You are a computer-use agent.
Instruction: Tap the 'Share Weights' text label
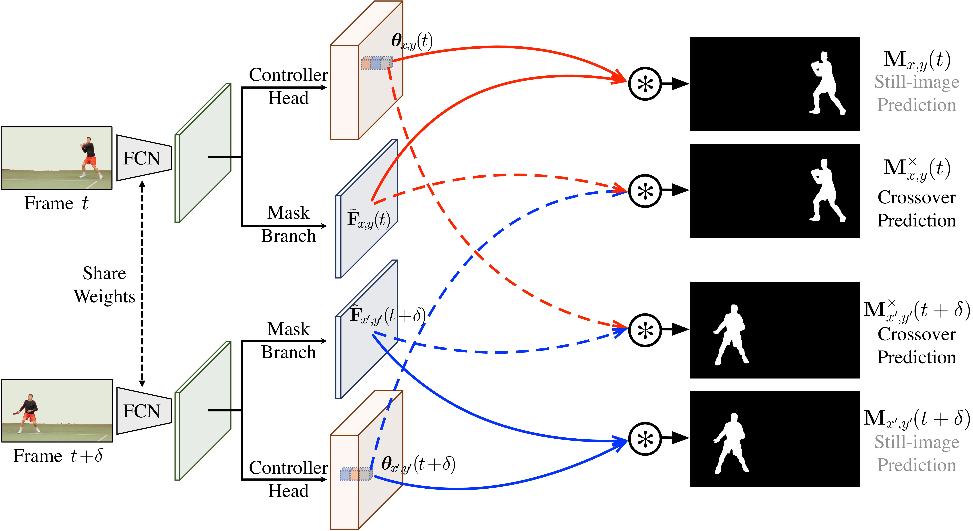pos(104,285)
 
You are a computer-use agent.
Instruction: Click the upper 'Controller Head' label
pos(288,86)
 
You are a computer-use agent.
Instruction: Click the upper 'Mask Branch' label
pos(288,224)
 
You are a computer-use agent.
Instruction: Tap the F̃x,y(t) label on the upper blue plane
pos(368,219)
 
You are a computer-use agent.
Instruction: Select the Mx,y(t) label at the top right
pos(916,60)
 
